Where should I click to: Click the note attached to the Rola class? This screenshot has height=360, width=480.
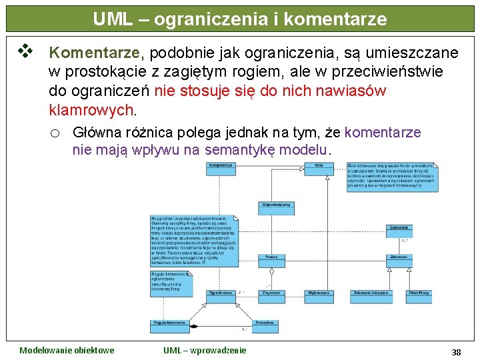(x=392, y=177)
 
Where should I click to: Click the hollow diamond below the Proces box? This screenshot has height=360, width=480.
(x=271, y=271)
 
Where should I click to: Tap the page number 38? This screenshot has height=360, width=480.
(x=456, y=352)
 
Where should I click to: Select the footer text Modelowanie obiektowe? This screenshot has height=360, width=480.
(x=67, y=351)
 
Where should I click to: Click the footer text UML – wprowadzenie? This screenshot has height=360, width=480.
(x=205, y=351)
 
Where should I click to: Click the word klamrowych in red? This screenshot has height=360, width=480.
(x=92, y=109)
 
